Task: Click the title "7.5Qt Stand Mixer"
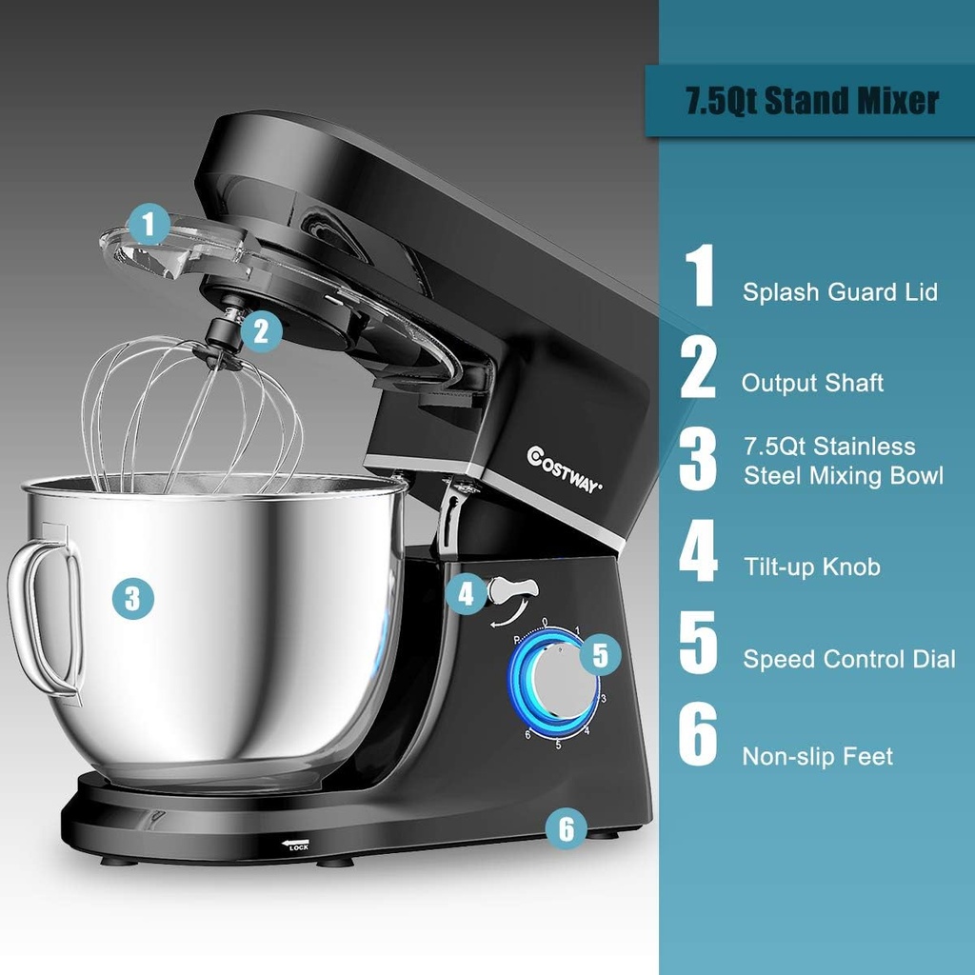coord(812,100)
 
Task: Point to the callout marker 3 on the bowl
coord(132,598)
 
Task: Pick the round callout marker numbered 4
coord(466,595)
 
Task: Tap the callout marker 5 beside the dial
coord(599,654)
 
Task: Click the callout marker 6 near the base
coord(567,828)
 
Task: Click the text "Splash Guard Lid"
coord(840,292)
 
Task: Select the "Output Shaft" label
coord(812,383)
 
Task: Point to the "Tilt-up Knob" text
coord(812,567)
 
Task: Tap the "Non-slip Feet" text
coord(818,757)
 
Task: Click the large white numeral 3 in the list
coord(699,459)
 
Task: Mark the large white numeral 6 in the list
coord(699,734)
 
